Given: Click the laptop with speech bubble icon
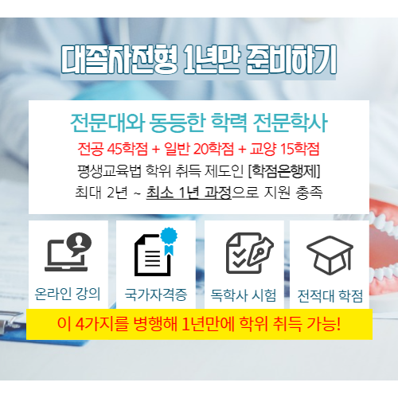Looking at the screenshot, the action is (x=68, y=252).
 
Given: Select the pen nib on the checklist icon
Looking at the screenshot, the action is (x=260, y=250).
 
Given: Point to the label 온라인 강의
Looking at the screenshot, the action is (x=68, y=294).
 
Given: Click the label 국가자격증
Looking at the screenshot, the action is (x=156, y=295).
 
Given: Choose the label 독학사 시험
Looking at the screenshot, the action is (x=244, y=295).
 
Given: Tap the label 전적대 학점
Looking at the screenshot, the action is (x=330, y=295).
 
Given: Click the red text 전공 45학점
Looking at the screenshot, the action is (x=113, y=149).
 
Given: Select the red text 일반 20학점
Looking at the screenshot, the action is (x=199, y=149).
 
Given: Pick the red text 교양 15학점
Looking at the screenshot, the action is (x=284, y=149).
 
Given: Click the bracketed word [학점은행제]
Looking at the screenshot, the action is (x=284, y=171).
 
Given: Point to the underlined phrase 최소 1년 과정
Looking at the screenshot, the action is (x=189, y=193).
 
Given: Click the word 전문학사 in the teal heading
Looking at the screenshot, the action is (x=291, y=123).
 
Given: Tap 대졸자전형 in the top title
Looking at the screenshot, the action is (x=119, y=60).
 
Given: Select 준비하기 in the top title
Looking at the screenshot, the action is (x=291, y=60).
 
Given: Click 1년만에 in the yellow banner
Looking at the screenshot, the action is (x=209, y=324).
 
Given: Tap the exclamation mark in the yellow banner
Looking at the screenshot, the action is (x=338, y=323).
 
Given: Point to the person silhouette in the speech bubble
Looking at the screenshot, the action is (x=79, y=241).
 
